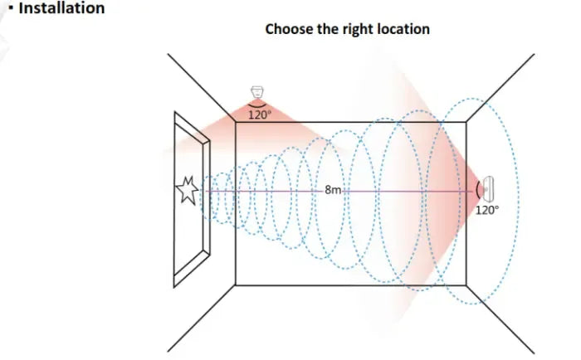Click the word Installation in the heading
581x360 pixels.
pyautogui.click(x=61, y=8)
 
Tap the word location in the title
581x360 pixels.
pyautogui.click(x=403, y=29)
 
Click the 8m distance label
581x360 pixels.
pyautogui.click(x=333, y=190)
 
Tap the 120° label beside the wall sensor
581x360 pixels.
pyautogui.click(x=487, y=210)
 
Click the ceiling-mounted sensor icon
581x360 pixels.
pyautogui.click(x=258, y=91)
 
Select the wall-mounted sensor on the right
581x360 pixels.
pyautogui.click(x=490, y=190)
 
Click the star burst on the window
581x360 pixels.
pyautogui.click(x=187, y=191)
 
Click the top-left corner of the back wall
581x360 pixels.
pyautogui.click(x=236, y=122)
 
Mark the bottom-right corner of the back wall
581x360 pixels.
pyautogui.click(x=466, y=285)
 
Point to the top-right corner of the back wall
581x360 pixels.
pyautogui.click(x=466, y=122)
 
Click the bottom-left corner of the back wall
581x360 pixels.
pyautogui.click(x=236, y=285)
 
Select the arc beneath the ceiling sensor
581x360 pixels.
pyautogui.click(x=258, y=104)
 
